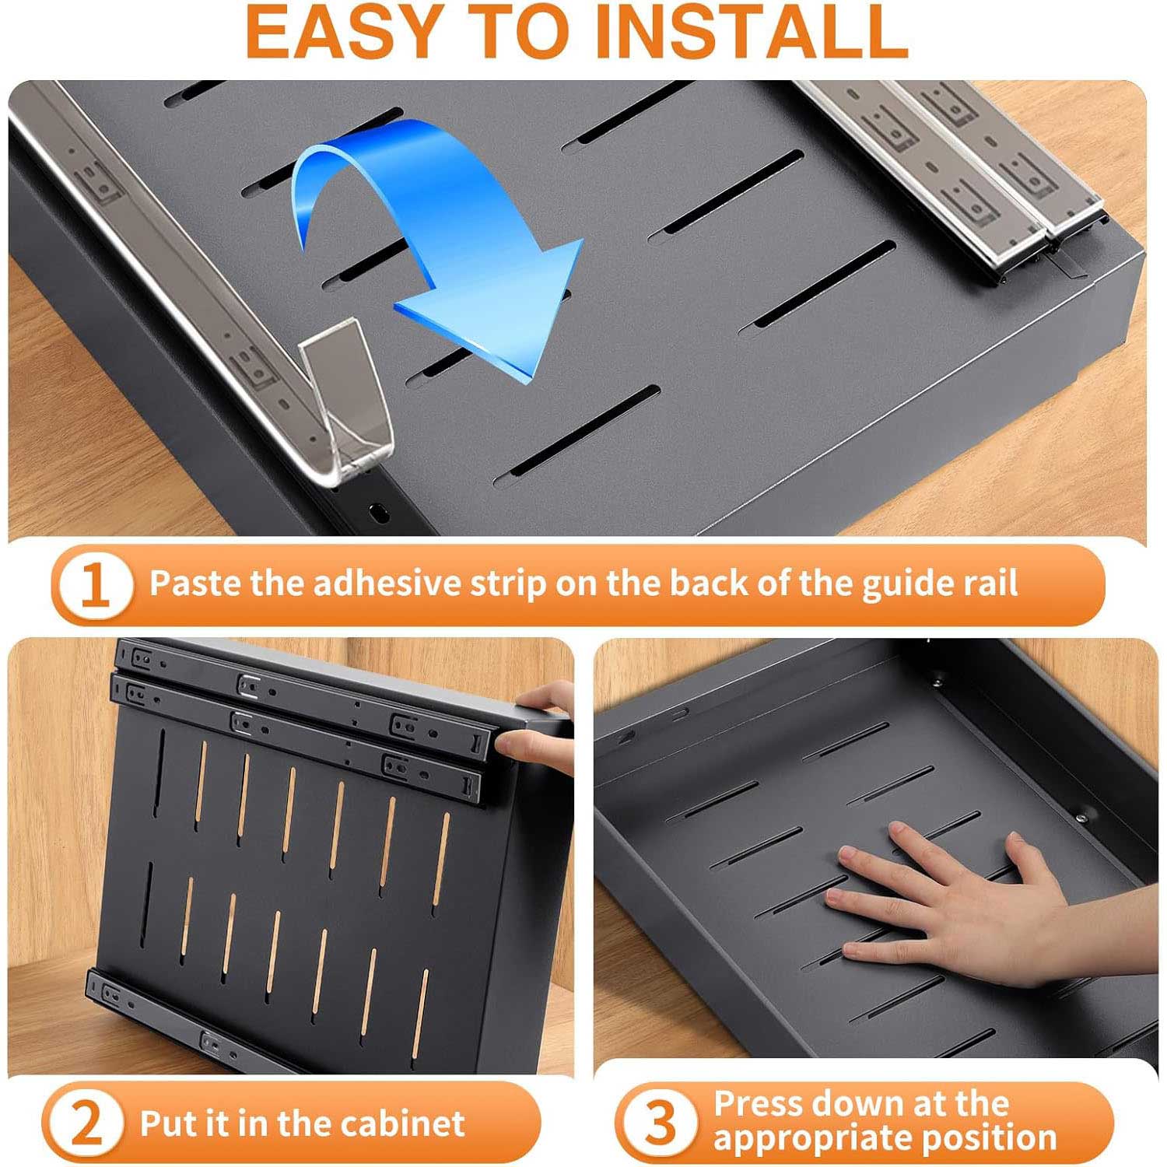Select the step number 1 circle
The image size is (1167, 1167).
pyautogui.click(x=94, y=585)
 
